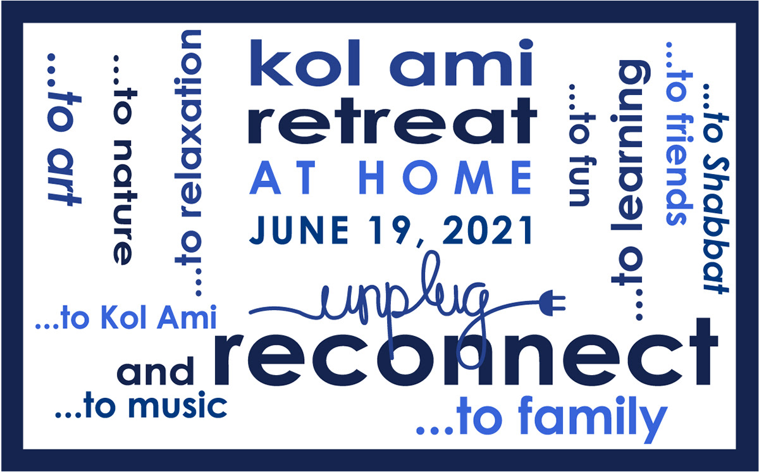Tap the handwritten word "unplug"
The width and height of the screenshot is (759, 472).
(x=405, y=297)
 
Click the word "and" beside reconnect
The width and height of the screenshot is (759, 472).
(x=156, y=373)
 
